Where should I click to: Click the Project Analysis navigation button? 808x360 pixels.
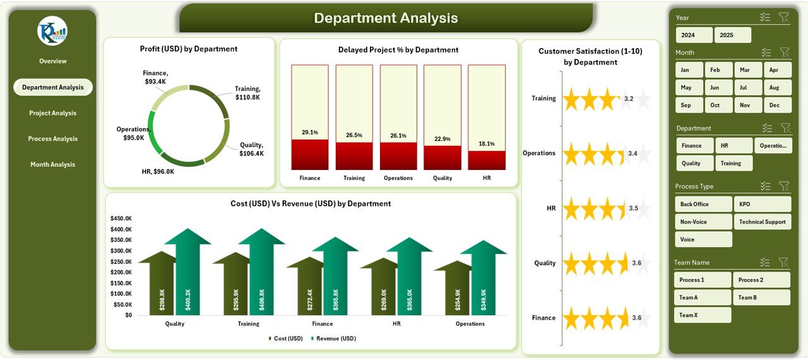52,113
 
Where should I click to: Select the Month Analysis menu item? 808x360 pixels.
52,164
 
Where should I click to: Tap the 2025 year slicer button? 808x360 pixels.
732,35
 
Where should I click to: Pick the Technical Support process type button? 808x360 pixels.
762,222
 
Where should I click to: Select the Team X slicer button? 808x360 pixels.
702,315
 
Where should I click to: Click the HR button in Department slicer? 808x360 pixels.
733,145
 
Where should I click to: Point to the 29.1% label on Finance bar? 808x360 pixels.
310,133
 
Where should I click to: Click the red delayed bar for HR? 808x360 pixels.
486,160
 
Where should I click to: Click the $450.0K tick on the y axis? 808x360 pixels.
121,219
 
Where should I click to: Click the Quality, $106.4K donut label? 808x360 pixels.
251,149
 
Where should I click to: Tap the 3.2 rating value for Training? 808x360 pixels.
628,99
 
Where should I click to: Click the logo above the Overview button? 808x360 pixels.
52,31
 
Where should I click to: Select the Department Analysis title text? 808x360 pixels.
386,18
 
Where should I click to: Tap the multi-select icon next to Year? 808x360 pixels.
765,18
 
